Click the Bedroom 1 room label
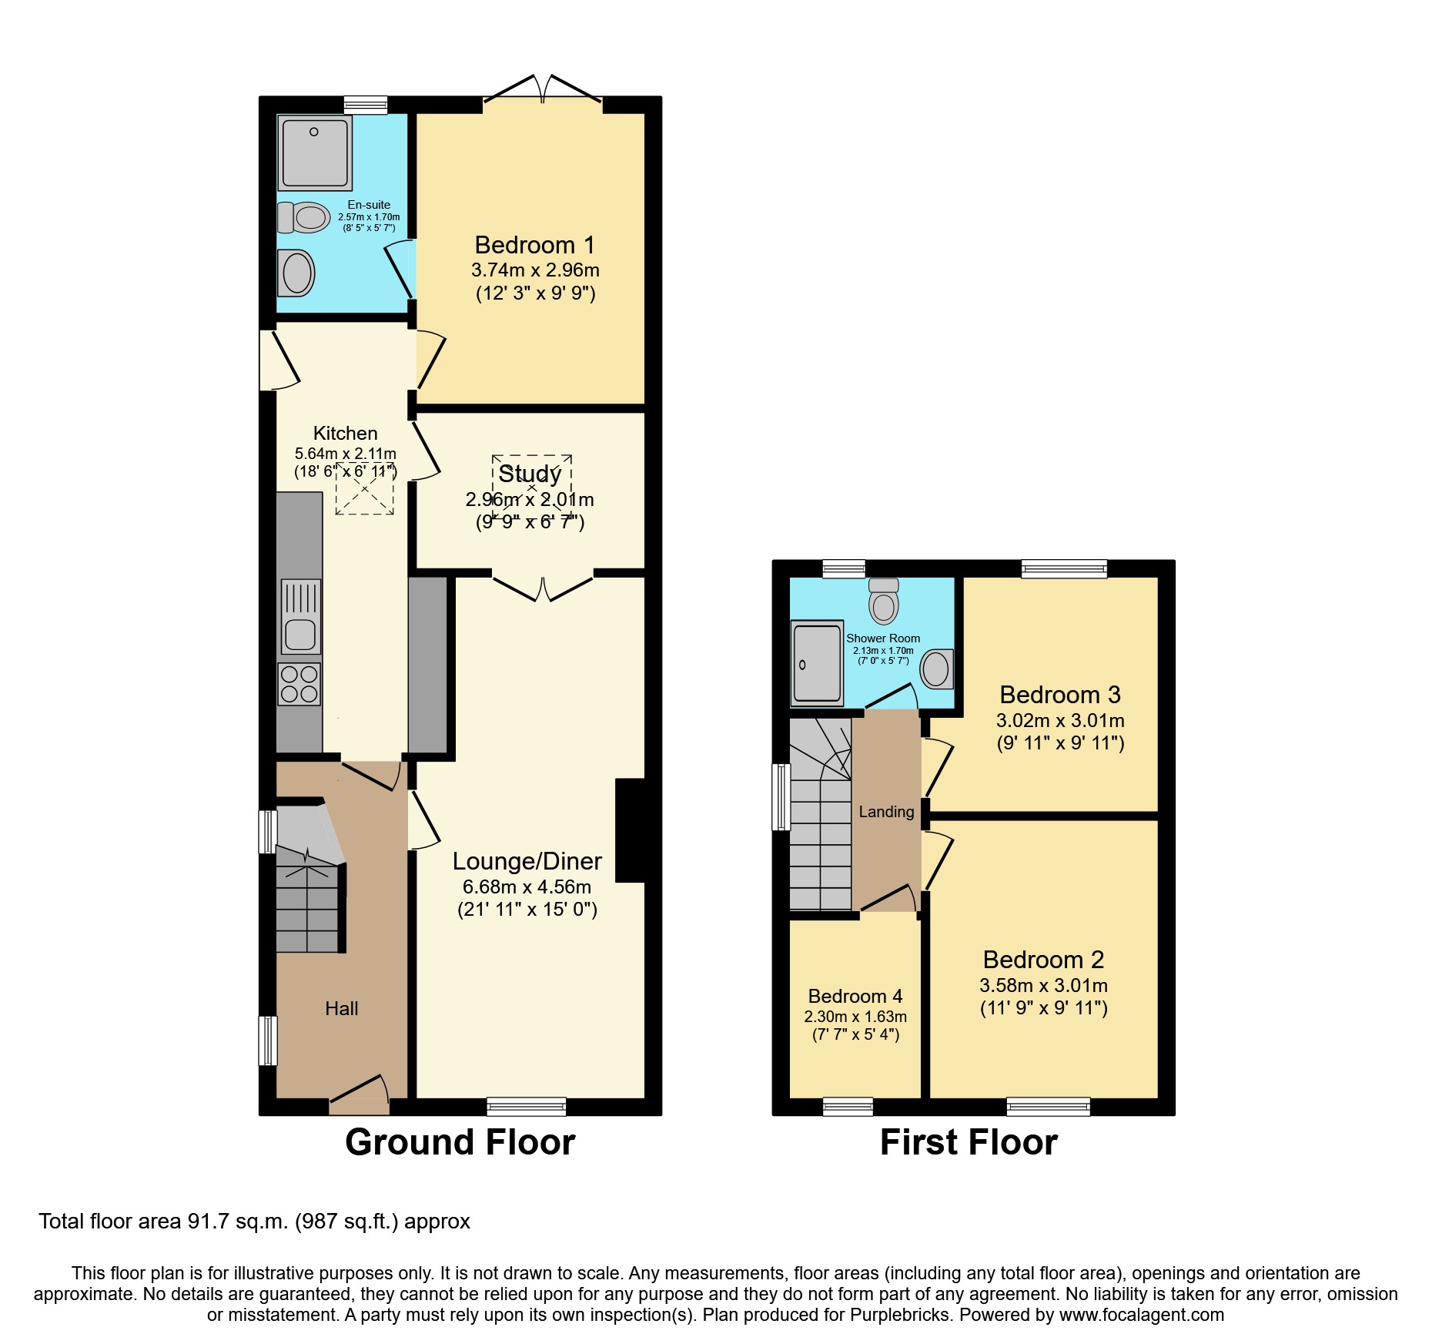[534, 245]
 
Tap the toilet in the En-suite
[303, 218]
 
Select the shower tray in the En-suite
[314, 152]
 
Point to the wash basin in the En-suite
[296, 273]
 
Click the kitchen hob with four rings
[299, 684]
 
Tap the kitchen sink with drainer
[300, 617]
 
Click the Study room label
[530, 474]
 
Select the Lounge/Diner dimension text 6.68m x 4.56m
[527, 887]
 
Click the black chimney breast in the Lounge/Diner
[630, 830]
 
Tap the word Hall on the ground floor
[341, 1008]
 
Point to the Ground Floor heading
[460, 1142]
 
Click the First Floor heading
[968, 1142]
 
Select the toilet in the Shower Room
[884, 602]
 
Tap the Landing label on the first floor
[886, 812]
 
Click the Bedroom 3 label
[1059, 695]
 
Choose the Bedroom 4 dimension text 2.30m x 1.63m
[855, 1017]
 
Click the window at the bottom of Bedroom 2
[1048, 1107]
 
